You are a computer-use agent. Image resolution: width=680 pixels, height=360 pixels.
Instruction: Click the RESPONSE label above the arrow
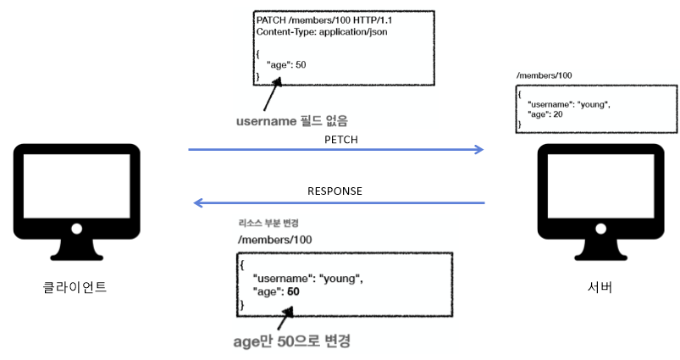point(335,191)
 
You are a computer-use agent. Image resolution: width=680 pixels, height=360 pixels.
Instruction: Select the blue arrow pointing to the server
point(335,150)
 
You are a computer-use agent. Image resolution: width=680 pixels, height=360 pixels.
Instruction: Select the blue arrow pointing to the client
point(339,203)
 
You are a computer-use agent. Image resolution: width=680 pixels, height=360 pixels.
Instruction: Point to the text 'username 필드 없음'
point(291,120)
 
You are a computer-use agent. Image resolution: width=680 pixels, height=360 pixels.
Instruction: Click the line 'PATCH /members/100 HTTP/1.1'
point(324,19)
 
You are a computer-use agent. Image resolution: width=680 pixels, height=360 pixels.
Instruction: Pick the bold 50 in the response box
point(293,291)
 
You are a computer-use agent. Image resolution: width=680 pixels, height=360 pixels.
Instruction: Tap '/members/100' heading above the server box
point(544,76)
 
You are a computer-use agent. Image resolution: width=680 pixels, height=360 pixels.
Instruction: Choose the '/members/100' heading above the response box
point(275,241)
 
